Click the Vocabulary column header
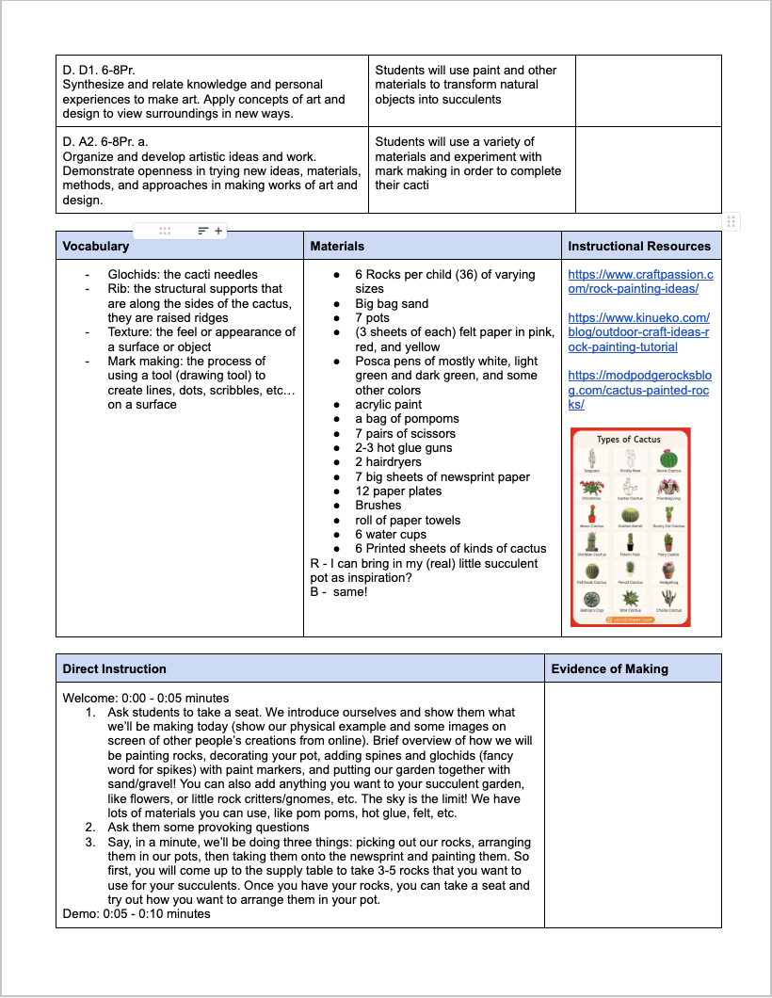coord(95,246)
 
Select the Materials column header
coord(337,246)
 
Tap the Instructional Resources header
coord(638,246)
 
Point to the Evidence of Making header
coord(609,668)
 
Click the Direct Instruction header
coord(114,668)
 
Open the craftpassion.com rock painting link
coord(640,282)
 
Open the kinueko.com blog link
coord(640,332)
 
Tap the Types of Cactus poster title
coord(629,440)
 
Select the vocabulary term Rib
coord(117,289)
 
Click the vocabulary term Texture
coord(130,331)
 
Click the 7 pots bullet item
coord(371,318)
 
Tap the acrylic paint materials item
coord(388,405)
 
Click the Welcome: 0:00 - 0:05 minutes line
coord(146,698)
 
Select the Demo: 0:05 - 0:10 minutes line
coord(137,913)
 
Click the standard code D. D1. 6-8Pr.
coord(99,70)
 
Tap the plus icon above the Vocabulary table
coord(218,231)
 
